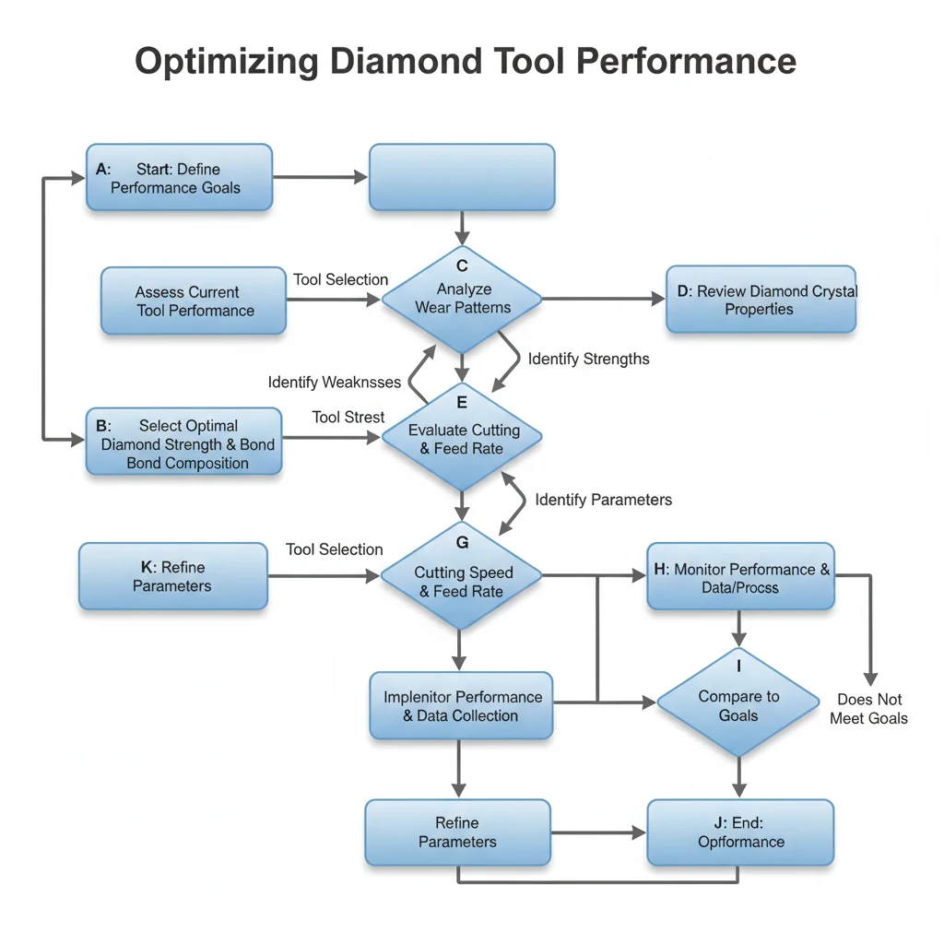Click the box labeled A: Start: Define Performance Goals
click(x=180, y=177)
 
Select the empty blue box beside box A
click(x=461, y=177)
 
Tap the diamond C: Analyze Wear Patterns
click(x=462, y=299)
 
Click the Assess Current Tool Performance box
click(x=194, y=301)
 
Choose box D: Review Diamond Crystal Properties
click(x=761, y=300)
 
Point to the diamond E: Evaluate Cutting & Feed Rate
click(x=462, y=438)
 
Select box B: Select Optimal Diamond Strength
click(x=184, y=442)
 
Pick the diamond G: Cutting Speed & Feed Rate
click(x=462, y=577)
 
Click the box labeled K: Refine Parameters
click(x=172, y=576)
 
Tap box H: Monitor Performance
click(x=740, y=577)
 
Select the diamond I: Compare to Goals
click(x=738, y=703)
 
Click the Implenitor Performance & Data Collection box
click(x=461, y=705)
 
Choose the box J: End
click(x=740, y=832)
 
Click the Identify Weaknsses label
click(x=334, y=382)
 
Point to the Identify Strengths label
click(x=588, y=359)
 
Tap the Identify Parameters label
click(x=603, y=500)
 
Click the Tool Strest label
click(x=348, y=418)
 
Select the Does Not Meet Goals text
click(x=868, y=709)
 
